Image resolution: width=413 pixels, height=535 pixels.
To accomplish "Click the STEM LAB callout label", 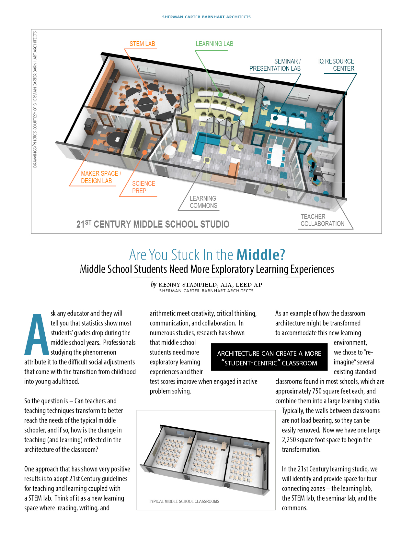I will click(x=142, y=44).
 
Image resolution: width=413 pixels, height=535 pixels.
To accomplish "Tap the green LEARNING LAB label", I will click(x=214, y=44).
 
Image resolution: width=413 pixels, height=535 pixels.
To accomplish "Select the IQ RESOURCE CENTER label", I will click(x=336, y=65).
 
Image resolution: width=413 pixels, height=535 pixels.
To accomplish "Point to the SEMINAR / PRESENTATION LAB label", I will click(x=275, y=65).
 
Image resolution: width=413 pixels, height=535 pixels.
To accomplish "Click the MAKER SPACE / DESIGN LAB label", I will click(x=100, y=177).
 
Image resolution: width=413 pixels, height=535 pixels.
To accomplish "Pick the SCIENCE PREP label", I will click(x=143, y=187).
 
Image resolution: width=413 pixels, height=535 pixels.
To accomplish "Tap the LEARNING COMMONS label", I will click(x=203, y=202).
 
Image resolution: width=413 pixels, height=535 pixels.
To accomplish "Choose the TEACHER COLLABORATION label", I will click(x=322, y=220).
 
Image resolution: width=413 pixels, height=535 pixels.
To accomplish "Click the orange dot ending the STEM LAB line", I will click(x=150, y=93).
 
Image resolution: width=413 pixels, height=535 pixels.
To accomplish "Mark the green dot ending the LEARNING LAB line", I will click(x=220, y=95).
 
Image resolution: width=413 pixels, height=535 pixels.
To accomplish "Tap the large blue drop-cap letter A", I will click(x=37, y=335).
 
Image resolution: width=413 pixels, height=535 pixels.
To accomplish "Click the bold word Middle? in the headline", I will click(x=261, y=255).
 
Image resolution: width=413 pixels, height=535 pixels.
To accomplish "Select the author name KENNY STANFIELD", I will click(x=188, y=285).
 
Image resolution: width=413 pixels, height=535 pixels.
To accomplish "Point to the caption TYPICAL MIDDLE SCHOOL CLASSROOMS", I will click(x=184, y=501).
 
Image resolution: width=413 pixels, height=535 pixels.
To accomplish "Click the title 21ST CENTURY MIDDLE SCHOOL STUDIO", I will click(x=153, y=224).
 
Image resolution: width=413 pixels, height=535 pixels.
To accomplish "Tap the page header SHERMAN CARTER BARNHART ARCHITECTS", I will click(x=206, y=17).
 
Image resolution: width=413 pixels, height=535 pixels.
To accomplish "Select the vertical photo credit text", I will click(x=35, y=99).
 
